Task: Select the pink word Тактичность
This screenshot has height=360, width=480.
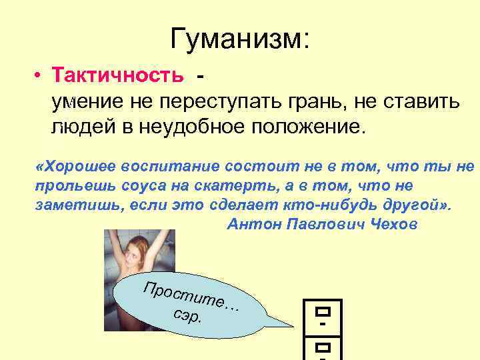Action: [120, 75]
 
